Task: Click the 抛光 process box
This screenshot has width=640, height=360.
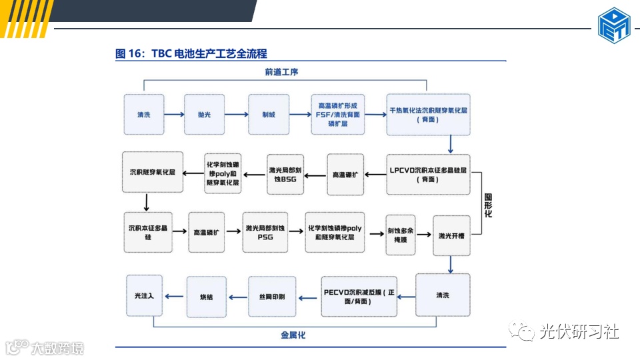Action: click(x=204, y=115)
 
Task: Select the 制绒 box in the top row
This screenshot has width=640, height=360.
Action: click(x=268, y=115)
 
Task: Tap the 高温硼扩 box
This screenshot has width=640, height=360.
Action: click(x=345, y=174)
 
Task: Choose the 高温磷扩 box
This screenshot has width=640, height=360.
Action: click(x=206, y=232)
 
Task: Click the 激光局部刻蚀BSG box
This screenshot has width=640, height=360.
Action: click(x=285, y=174)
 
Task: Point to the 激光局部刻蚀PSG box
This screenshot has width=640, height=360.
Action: click(x=265, y=232)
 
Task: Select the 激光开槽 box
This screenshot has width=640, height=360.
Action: click(x=451, y=235)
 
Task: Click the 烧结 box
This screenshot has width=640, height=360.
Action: click(x=207, y=296)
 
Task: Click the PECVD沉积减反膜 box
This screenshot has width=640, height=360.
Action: click(x=359, y=296)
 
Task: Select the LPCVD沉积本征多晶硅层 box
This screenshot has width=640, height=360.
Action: click(x=428, y=174)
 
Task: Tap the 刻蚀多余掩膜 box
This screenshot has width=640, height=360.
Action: click(x=401, y=236)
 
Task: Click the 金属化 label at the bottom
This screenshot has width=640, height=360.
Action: click(x=293, y=335)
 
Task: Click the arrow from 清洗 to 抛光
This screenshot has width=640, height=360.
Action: click(x=173, y=115)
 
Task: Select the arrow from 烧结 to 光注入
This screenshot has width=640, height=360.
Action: click(x=175, y=296)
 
